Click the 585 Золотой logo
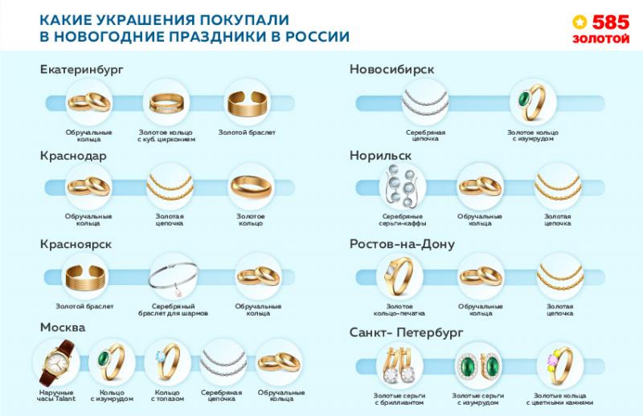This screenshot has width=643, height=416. (600, 29)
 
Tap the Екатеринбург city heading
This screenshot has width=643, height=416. (81, 70)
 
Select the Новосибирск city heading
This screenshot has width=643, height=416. (391, 70)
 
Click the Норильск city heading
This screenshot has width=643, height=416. (380, 157)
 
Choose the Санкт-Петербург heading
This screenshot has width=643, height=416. (407, 332)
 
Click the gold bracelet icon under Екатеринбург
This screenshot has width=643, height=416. (246, 102)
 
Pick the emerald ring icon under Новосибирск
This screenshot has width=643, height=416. (530, 102)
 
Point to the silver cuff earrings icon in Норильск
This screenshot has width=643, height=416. (401, 187)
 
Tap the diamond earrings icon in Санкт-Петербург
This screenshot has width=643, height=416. (399, 365)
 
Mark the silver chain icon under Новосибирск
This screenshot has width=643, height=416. (425, 102)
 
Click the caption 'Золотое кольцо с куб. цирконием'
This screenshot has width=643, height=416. (166, 136)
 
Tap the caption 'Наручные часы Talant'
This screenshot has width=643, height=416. (55, 395)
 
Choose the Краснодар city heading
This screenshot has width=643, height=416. (73, 157)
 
